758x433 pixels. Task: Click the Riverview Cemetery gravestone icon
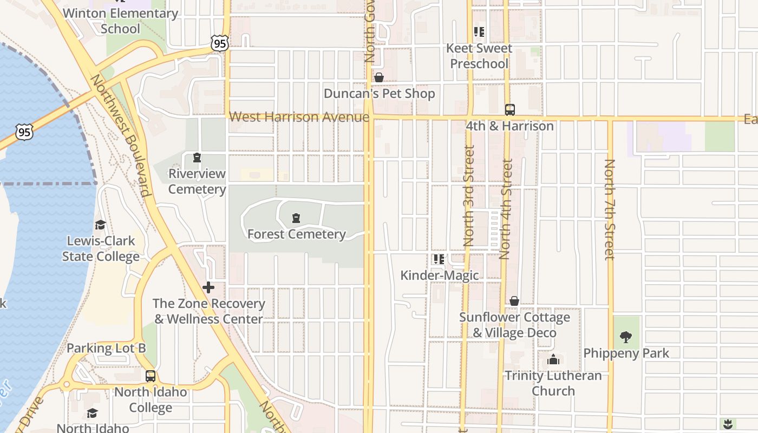tap(197, 158)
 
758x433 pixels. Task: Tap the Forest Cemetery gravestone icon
tap(296, 218)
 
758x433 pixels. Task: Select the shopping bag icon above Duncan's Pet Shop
tap(379, 77)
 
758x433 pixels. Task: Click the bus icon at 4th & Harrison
tap(509, 110)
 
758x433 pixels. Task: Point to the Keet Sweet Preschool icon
tap(479, 32)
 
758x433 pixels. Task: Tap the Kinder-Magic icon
tap(439, 259)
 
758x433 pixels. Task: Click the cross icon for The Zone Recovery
tap(208, 287)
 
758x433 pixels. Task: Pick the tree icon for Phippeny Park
tap(626, 337)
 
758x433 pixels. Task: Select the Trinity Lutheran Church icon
tap(553, 359)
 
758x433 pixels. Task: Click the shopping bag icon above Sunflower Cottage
tap(514, 301)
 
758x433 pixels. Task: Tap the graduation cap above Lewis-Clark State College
tap(100, 225)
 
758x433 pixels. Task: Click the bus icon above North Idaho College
tap(151, 376)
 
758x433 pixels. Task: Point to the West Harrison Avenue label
tap(299, 117)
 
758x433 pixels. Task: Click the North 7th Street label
tap(610, 209)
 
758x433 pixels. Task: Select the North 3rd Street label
tap(469, 195)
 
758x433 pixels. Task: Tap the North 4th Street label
tap(506, 209)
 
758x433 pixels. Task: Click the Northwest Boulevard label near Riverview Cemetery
tap(120, 135)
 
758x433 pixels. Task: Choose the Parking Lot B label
tap(107, 348)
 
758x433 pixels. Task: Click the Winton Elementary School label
tap(120, 21)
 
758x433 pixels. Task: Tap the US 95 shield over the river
tap(24, 132)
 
